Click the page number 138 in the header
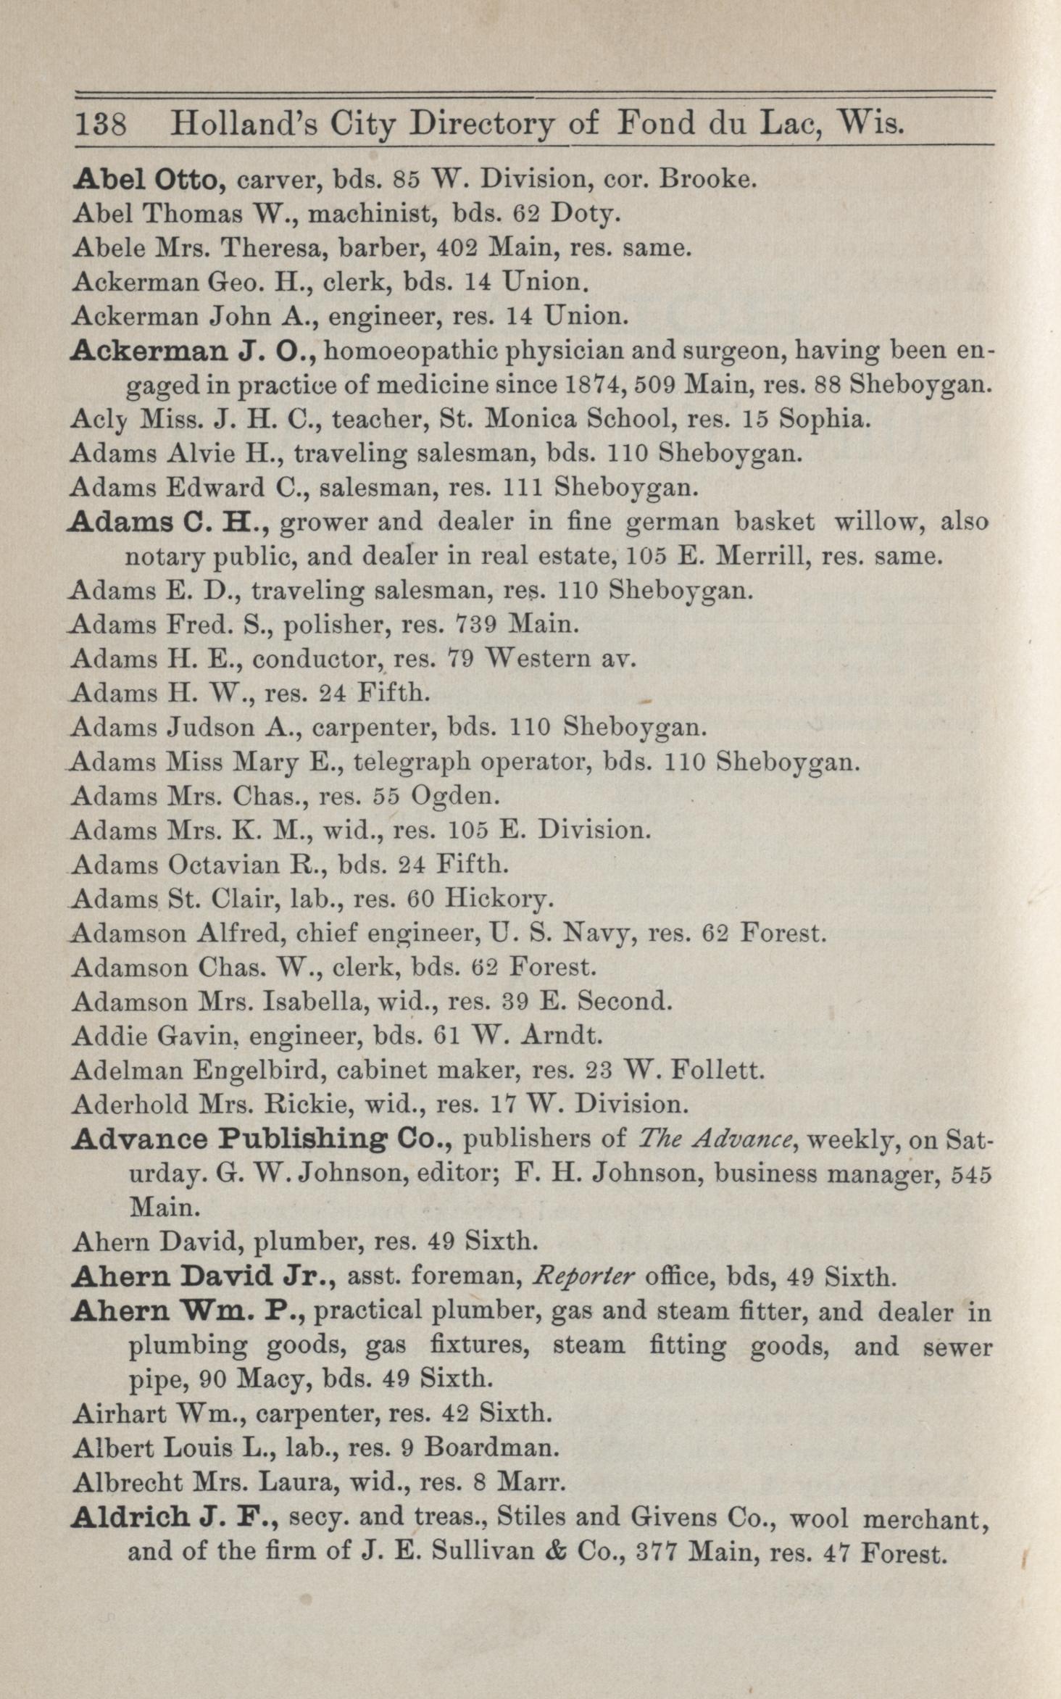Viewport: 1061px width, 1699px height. [101, 125]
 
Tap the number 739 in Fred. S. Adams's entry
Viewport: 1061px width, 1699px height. [479, 624]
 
